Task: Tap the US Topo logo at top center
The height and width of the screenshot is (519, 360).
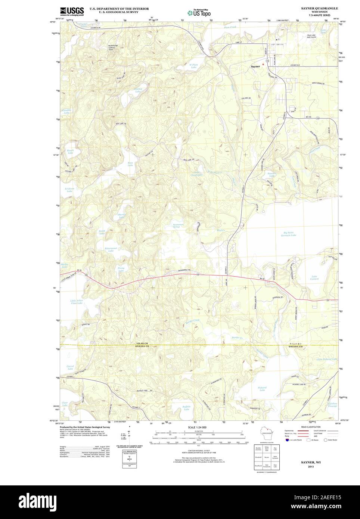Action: coord(199,12)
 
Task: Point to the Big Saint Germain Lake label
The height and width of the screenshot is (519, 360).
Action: coord(288,234)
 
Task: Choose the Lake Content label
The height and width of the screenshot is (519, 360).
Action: coord(314,277)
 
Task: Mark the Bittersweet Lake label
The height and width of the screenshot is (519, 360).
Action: coord(111,249)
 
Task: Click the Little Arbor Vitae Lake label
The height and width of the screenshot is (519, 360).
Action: coord(77,302)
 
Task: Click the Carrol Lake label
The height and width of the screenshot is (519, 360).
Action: coord(70,367)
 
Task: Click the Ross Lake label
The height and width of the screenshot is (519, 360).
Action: coord(131,164)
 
